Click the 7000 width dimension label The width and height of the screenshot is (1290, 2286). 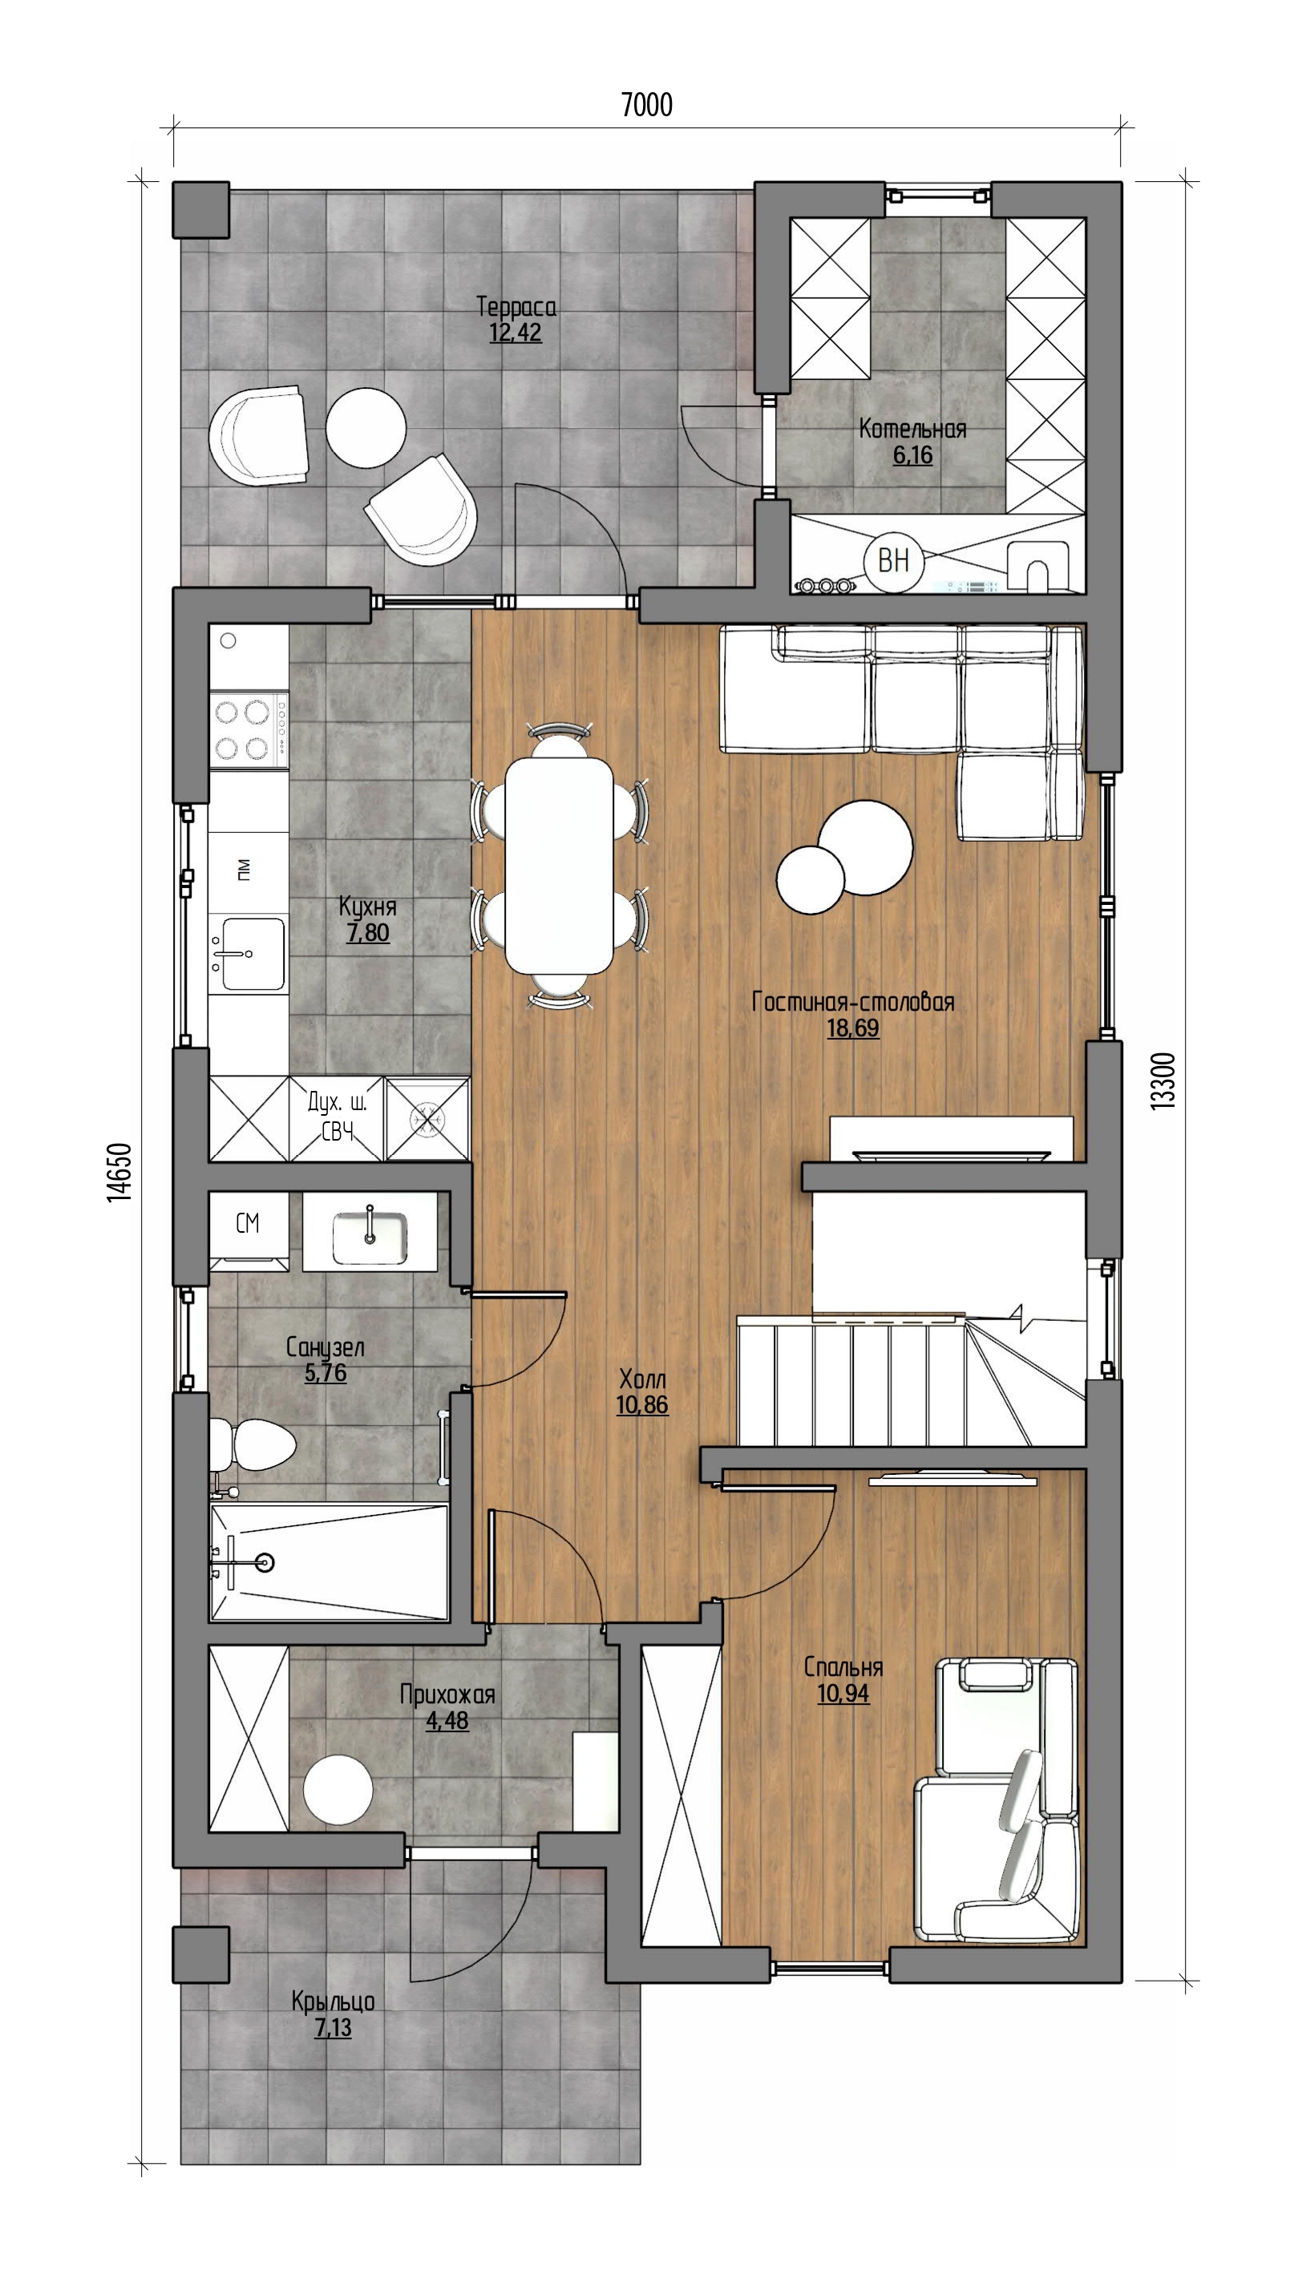pos(646,105)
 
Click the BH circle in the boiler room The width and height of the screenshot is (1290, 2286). pos(893,561)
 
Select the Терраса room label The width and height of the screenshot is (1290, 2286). pos(516,307)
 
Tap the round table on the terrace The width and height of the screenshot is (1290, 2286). pos(366,427)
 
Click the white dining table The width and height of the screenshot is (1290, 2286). pos(560,864)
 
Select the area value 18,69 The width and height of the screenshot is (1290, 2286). pos(852,1028)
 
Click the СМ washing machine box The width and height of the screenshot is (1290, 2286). pos(249,1224)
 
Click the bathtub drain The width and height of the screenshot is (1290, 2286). pos(264,1563)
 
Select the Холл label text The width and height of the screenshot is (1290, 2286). pos(642,1379)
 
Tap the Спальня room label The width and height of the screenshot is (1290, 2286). pos(843,1667)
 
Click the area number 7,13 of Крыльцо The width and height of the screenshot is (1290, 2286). pos(333,2028)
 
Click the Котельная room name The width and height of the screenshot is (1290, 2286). pos(912,430)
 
